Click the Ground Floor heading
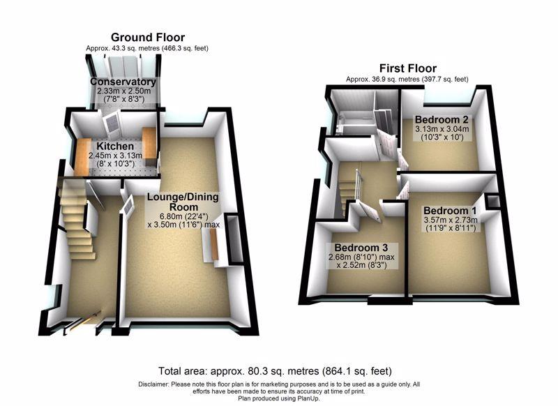coord(148,38)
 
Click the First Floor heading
coord(408,68)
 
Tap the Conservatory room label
coord(123,82)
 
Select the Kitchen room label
coord(115,146)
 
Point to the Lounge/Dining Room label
coord(183,202)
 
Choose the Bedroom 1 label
coord(450,211)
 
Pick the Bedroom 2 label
coord(442,119)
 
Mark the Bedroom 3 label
coord(361,248)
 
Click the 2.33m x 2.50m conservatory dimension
coord(123,91)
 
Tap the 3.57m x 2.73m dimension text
coord(450,220)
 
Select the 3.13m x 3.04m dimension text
coord(442,129)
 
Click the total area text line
coord(275,371)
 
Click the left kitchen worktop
coord(82,156)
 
